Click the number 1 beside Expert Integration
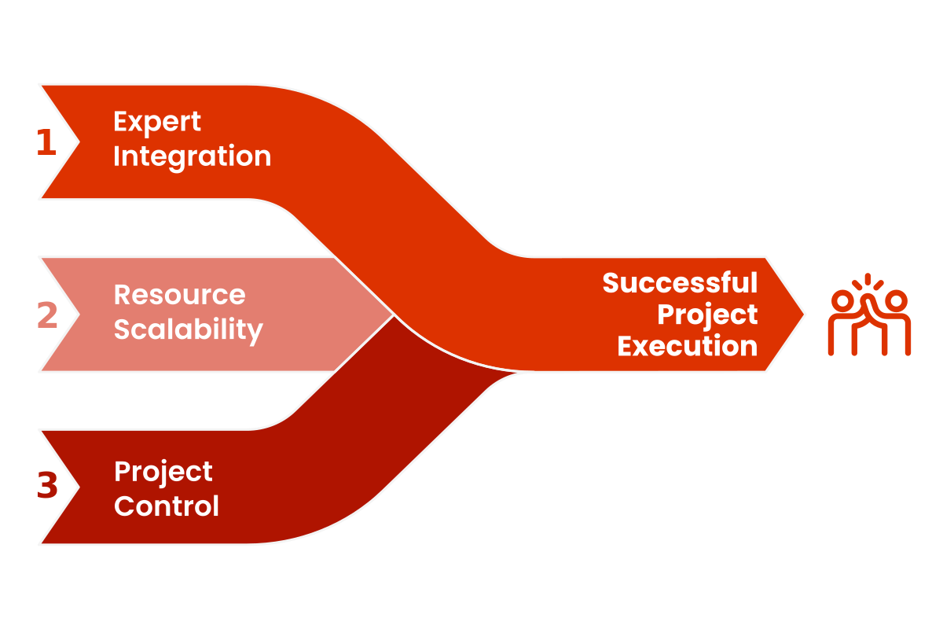coord(46,142)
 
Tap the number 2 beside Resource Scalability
coord(47,314)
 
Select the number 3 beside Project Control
coord(47,486)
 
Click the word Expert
coord(157,123)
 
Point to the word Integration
coord(192,156)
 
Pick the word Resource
coord(179,295)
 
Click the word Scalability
coord(188,329)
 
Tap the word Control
coord(167,506)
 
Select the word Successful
coord(680,283)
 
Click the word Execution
coord(687,346)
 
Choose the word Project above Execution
coord(707,314)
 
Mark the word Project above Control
coord(163,472)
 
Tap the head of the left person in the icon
coord(842,300)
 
